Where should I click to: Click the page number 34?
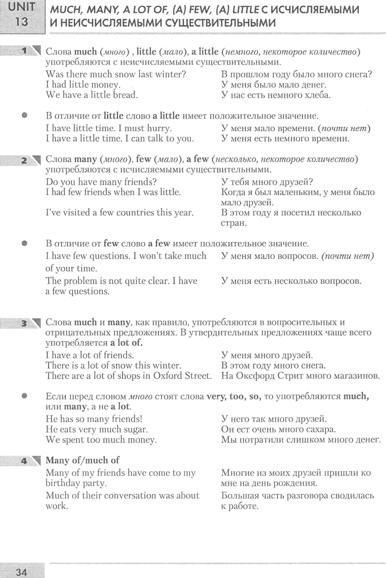click(21, 571)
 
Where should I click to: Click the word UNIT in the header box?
click(21, 8)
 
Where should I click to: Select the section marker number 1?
click(24, 51)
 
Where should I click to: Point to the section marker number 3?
click(24, 324)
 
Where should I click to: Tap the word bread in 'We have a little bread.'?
click(125, 95)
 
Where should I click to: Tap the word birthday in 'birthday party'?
click(63, 483)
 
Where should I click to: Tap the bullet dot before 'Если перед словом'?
click(24, 396)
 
